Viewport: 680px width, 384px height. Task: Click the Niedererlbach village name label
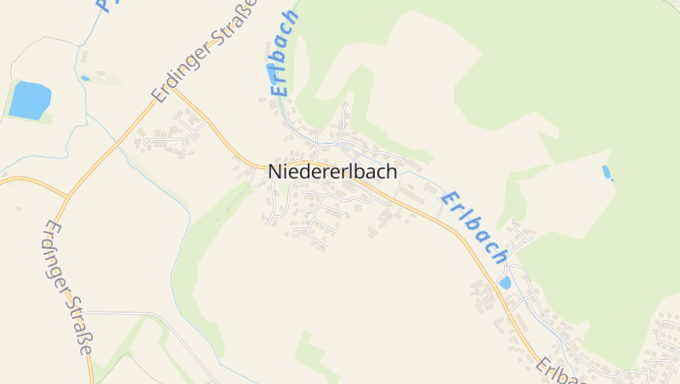[332, 171]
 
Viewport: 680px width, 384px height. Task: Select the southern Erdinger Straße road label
[69, 288]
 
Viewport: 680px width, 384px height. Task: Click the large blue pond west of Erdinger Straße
[30, 100]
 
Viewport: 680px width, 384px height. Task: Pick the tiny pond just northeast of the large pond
[85, 78]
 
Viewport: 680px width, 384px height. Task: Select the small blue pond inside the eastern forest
[607, 172]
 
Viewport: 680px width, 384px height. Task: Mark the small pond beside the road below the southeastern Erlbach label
[506, 282]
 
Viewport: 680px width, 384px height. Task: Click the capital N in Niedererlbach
[275, 171]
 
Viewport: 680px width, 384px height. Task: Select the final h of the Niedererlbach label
[391, 171]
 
